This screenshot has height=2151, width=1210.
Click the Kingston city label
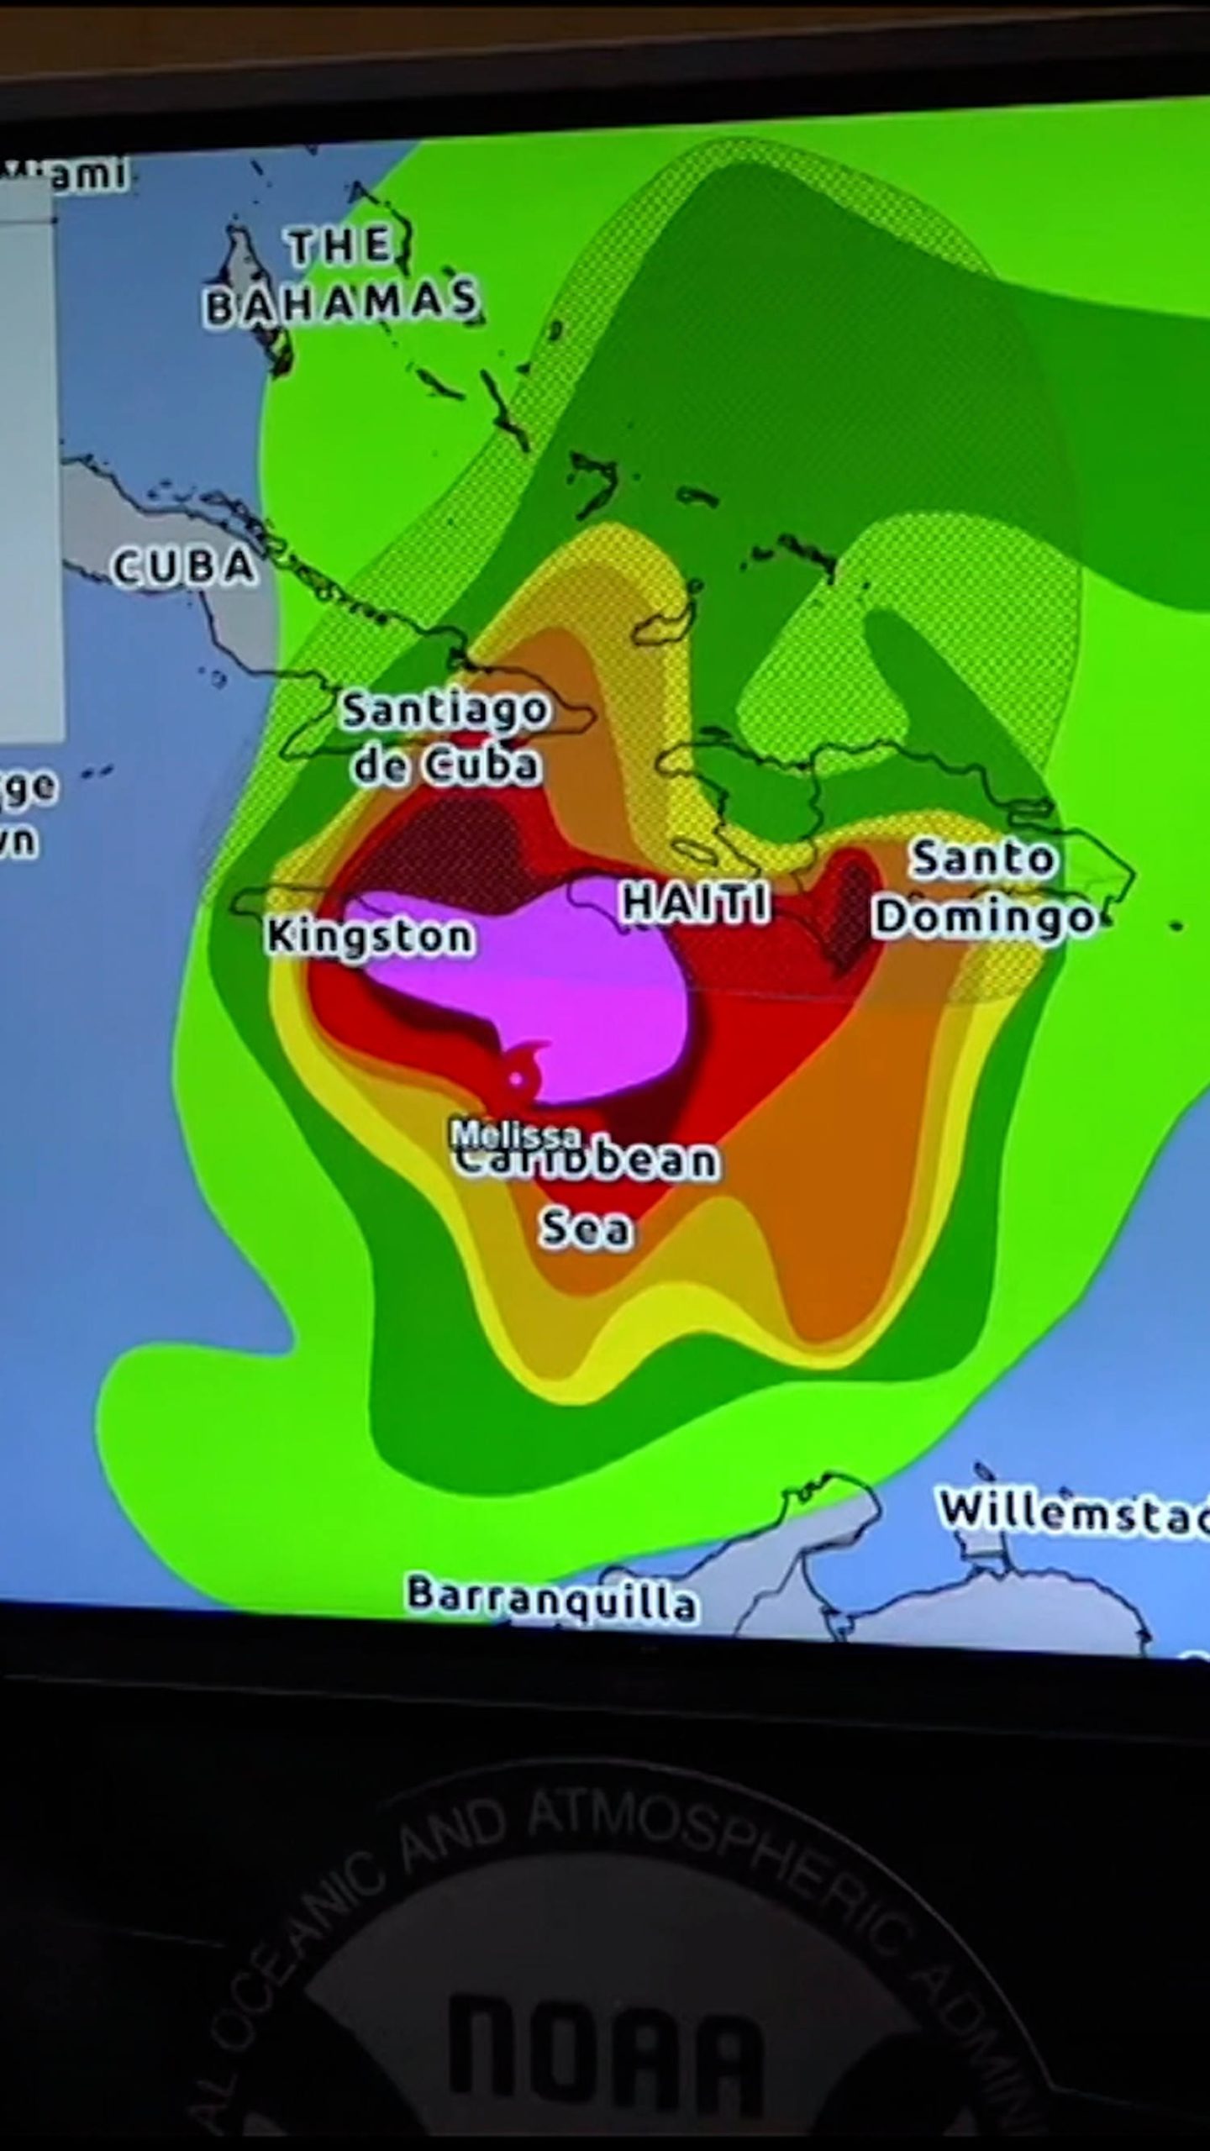point(370,936)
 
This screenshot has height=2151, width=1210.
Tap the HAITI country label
point(694,903)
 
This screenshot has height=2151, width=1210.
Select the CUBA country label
point(184,566)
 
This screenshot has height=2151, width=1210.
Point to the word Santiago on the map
point(445,710)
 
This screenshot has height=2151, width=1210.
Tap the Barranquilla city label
point(552,1598)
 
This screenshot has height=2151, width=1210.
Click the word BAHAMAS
point(342,302)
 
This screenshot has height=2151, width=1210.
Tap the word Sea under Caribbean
point(586,1228)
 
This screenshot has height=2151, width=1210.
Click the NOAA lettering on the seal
point(605,2050)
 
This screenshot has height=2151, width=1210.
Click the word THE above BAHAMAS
point(340,246)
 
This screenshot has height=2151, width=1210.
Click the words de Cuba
point(445,765)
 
